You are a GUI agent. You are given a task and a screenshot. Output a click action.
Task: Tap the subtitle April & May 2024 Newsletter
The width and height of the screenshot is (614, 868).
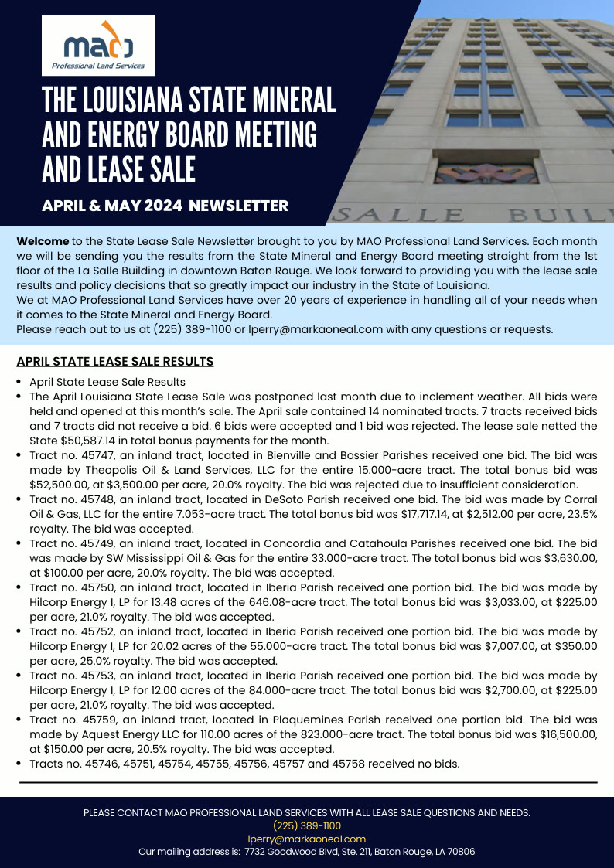pos(165,206)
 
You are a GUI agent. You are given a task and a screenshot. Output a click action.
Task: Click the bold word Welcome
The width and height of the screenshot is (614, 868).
pos(43,241)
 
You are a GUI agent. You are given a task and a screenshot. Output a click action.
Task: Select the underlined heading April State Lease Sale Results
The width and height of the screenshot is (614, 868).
pos(115,361)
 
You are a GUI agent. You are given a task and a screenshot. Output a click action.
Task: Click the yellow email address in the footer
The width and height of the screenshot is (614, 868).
pos(306,839)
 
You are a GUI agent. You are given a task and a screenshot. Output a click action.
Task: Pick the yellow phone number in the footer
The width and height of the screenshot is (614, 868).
pos(306,825)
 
